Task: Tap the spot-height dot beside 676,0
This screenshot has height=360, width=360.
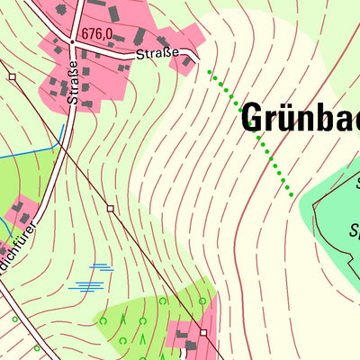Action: tap(72, 41)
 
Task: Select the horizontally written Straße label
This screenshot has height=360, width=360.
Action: tap(158, 55)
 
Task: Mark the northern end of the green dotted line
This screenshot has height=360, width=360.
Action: tap(210, 71)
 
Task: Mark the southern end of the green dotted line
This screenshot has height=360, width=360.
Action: tap(292, 193)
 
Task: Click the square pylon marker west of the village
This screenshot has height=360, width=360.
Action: tap(13, 77)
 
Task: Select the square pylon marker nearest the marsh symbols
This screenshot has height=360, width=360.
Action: tap(110, 208)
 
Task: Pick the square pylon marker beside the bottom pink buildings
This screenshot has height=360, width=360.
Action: tap(204, 332)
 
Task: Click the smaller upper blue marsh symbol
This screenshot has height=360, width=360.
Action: tap(100, 267)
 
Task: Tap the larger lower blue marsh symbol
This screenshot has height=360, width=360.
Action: tap(88, 285)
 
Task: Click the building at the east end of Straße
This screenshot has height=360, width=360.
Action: tap(187, 61)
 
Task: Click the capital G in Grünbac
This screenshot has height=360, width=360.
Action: tap(255, 119)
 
